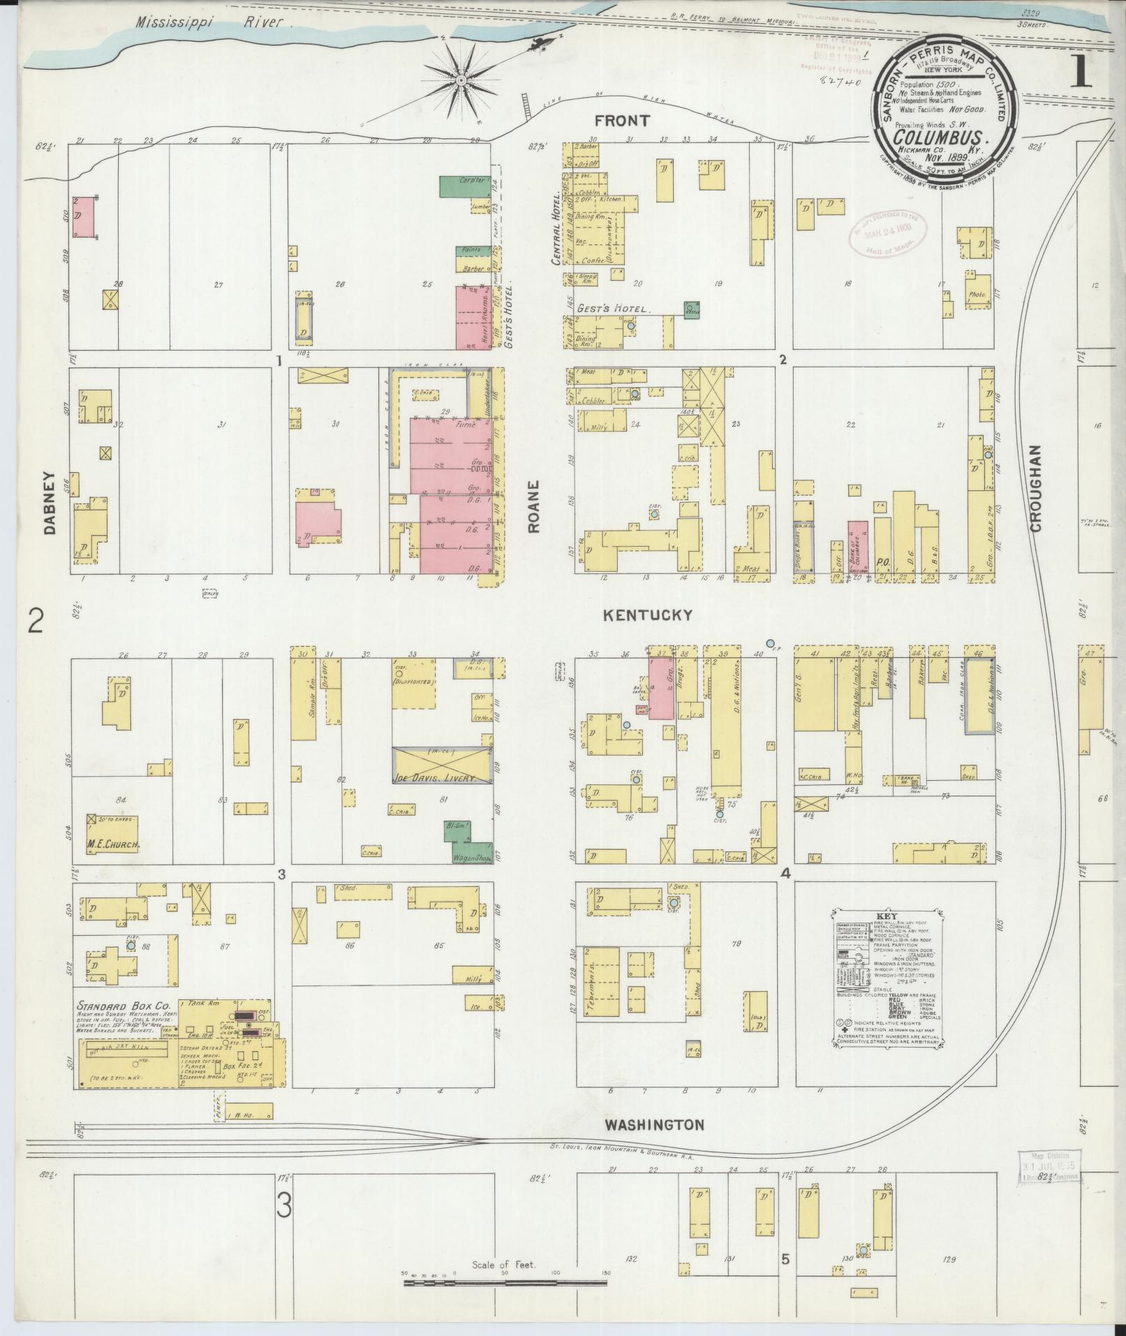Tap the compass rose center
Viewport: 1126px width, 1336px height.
tap(461, 81)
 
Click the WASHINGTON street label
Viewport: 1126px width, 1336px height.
tap(653, 1124)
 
